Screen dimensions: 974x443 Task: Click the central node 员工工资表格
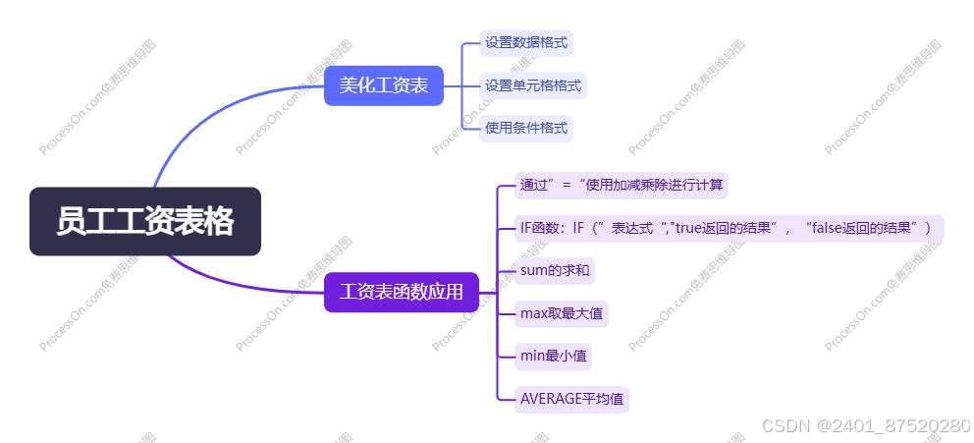point(145,221)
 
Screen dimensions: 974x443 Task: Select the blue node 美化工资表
point(384,85)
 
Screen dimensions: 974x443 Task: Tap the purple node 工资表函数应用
point(402,292)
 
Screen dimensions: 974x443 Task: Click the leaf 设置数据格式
point(525,42)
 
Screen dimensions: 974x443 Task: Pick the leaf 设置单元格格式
point(533,85)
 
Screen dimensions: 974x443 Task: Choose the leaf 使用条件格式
point(525,128)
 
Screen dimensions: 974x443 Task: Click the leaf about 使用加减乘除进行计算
point(622,185)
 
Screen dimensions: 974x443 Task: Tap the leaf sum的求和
point(556,270)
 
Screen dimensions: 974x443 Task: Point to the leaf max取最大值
point(562,314)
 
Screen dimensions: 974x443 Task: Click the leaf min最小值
point(554,356)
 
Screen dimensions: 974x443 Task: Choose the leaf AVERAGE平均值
point(571,399)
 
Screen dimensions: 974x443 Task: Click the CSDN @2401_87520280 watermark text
point(866,425)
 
